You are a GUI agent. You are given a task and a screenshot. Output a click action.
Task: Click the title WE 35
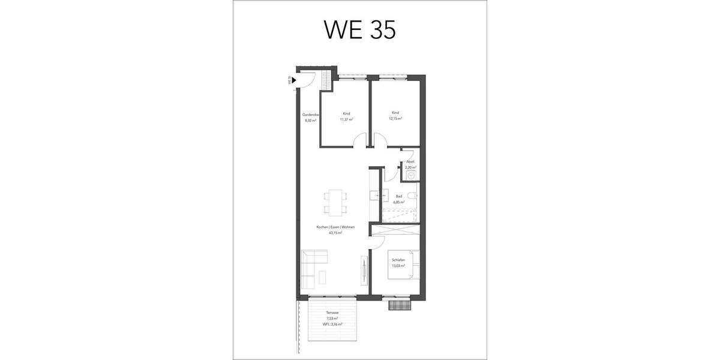tap(359, 29)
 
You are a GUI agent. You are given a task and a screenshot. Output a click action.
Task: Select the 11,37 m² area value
tap(346, 119)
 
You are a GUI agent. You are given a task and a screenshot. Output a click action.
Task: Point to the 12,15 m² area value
tap(395, 119)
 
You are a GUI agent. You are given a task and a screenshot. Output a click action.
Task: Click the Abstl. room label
tap(410, 162)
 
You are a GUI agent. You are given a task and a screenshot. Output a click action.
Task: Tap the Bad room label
tap(398, 197)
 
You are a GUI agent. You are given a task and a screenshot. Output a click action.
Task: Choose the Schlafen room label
tap(398, 260)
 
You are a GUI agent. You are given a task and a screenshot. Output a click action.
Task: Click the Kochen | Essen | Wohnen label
tap(335, 227)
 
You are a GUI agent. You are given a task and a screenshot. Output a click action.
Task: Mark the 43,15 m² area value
tap(335, 233)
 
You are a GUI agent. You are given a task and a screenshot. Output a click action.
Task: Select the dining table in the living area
tap(335, 202)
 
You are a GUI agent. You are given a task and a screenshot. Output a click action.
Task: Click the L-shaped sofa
tap(311, 268)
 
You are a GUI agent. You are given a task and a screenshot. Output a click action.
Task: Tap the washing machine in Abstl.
tap(412, 175)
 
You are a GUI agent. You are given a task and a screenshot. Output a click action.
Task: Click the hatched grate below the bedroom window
tap(398, 305)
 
